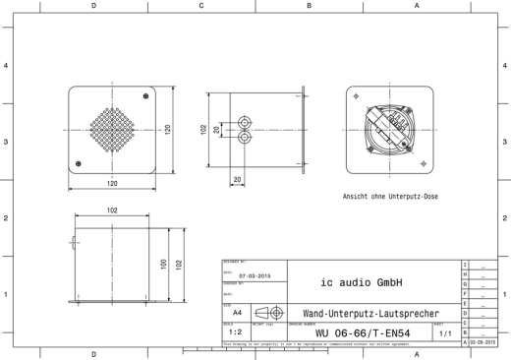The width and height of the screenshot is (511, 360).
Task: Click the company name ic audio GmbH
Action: (362, 282)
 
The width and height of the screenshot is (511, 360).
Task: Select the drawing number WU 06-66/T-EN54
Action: (362, 333)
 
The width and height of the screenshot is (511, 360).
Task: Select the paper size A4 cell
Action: (239, 312)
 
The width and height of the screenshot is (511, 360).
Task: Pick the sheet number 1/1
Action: (446, 333)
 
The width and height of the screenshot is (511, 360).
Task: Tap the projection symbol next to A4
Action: (268, 312)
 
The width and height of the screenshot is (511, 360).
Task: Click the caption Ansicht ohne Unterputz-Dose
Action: (390, 197)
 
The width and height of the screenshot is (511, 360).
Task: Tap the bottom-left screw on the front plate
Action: (76, 162)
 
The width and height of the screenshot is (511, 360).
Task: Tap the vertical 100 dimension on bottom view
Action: (163, 264)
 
